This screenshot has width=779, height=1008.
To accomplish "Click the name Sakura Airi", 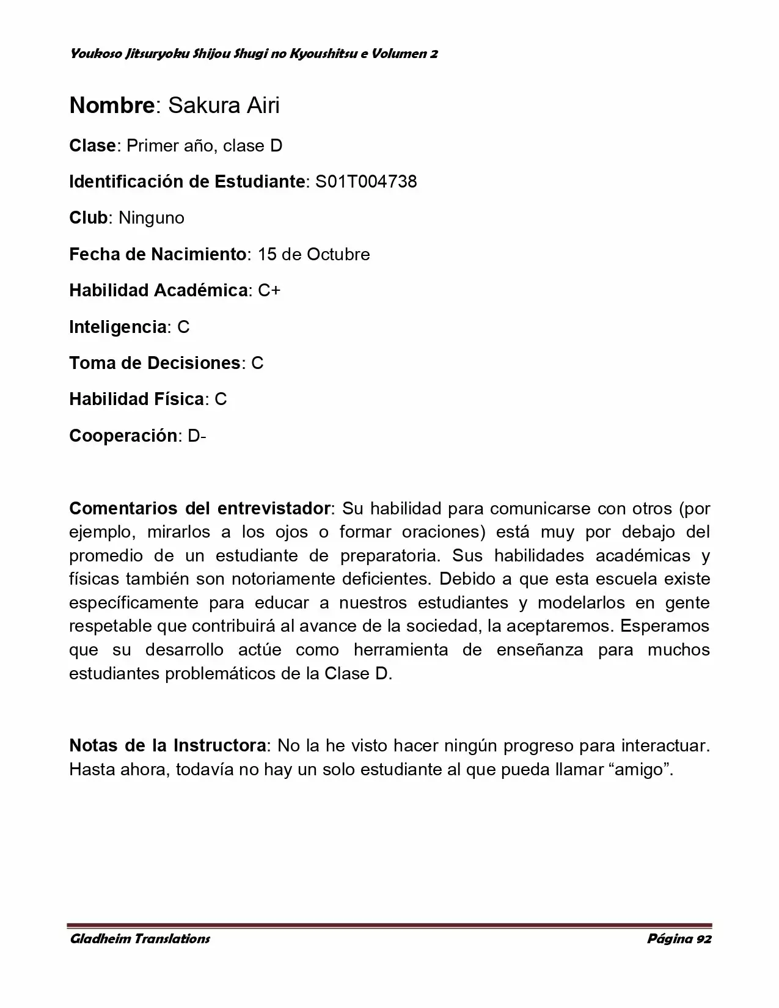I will point(224,106).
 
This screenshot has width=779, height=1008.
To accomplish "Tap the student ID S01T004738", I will point(366,181).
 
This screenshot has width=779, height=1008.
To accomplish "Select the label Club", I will point(89,217).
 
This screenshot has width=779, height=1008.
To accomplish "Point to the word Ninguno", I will point(152,217).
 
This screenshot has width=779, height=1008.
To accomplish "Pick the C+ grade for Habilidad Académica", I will point(269,290).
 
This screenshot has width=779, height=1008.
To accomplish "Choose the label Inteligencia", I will point(118,327).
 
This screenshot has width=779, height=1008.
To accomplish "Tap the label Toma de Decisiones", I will point(155,363).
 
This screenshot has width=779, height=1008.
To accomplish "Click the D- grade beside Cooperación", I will point(197,436).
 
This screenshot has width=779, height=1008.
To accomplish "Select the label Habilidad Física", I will point(137,399).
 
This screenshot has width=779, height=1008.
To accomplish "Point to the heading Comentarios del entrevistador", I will point(200,508).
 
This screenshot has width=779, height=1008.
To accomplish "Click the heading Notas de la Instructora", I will point(167,745).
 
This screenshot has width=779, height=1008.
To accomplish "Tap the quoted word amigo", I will point(640,769).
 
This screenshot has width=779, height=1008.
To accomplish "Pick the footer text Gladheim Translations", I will point(140,939).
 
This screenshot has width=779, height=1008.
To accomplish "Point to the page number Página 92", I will point(679,939).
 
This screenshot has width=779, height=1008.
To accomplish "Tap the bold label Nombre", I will point(112,106).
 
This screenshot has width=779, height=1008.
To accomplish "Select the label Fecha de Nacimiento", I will point(158,254).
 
